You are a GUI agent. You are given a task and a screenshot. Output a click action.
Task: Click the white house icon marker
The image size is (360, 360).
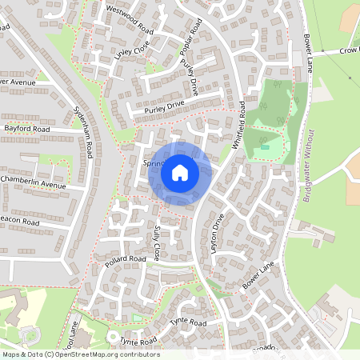pyautogui.click(x=180, y=172)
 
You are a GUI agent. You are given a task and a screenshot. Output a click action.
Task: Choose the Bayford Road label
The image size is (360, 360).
pyautogui.click(x=26, y=128)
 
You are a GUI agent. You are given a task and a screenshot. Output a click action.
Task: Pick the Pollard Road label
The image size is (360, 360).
pyautogui.click(x=126, y=260)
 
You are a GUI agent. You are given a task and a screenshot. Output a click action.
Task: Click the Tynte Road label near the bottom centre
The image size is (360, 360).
pyautogui.click(x=188, y=322)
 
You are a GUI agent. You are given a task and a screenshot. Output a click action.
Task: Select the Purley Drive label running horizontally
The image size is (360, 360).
pyautogui.click(x=165, y=105)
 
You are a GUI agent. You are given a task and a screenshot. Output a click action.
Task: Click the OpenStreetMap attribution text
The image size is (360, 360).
pyautogui.click(x=80, y=354)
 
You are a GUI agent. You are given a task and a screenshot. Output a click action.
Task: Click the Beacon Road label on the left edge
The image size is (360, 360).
pyautogui.click(x=19, y=221)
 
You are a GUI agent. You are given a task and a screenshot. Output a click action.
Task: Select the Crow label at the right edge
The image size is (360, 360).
pyautogui.click(x=348, y=50)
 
